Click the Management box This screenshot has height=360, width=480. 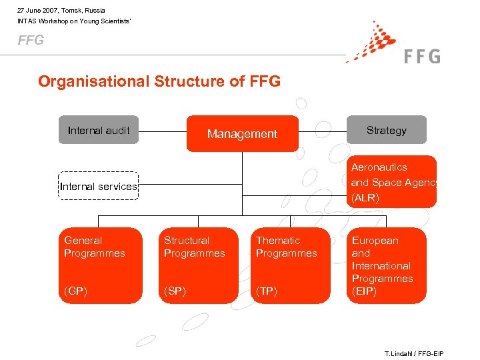[x=242, y=134]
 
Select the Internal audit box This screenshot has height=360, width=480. [x=99, y=130]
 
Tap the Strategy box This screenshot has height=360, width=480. [x=386, y=130]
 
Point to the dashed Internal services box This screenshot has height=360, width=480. [x=98, y=186]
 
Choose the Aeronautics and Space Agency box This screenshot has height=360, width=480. [x=393, y=181]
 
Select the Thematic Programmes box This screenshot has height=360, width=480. [x=292, y=265]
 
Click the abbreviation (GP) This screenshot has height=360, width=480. [x=76, y=291]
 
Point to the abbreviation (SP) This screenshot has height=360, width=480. [x=175, y=291]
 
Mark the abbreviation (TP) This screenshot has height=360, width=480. [x=267, y=291]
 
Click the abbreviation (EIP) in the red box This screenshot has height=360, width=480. [x=364, y=291]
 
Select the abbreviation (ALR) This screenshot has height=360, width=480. [x=365, y=198]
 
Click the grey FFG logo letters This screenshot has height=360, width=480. [x=422, y=56]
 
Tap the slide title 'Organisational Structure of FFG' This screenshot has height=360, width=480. [x=159, y=81]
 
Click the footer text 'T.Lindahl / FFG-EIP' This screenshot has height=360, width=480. [x=413, y=353]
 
